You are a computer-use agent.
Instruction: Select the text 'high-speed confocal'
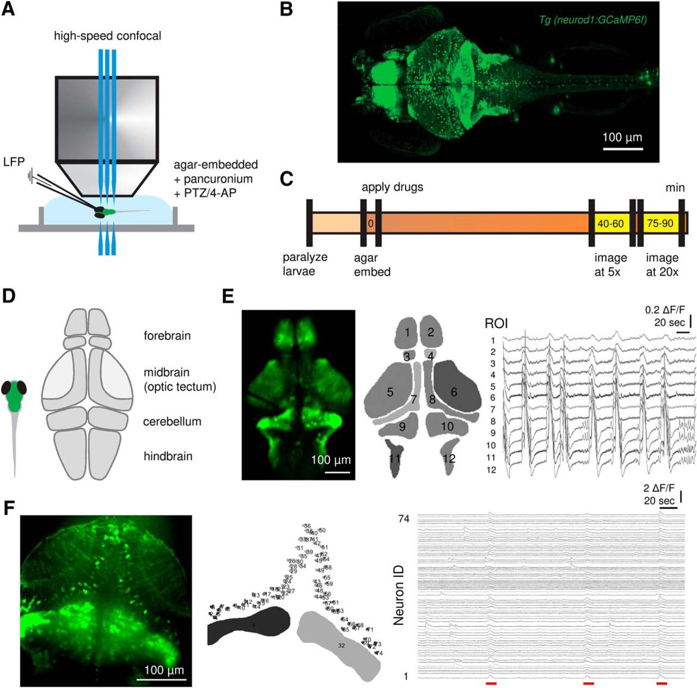107,36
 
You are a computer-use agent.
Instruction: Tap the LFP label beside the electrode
14,161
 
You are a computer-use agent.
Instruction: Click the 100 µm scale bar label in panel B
622,137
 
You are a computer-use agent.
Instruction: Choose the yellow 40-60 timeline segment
610,223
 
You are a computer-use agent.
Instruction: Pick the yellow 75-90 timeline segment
659,223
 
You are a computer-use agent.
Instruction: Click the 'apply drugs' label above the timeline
392,187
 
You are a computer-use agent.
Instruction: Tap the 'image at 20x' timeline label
662,264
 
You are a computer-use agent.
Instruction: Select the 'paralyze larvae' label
305,264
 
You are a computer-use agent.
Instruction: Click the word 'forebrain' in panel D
167,335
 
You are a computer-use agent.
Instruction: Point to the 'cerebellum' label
172,421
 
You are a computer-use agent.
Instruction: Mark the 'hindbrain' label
168,456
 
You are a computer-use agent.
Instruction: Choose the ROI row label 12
491,470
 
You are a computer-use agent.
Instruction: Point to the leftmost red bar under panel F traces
491,683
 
